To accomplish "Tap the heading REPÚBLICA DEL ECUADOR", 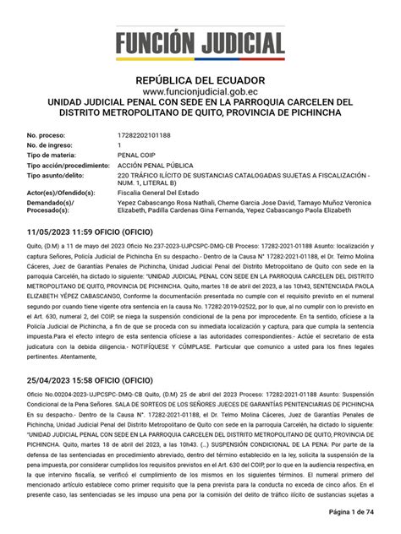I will tap(200, 80).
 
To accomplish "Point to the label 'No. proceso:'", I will tap(47, 135).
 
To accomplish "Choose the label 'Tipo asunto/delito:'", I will tap(58, 176).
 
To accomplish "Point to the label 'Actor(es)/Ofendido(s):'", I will tap(64, 196).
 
